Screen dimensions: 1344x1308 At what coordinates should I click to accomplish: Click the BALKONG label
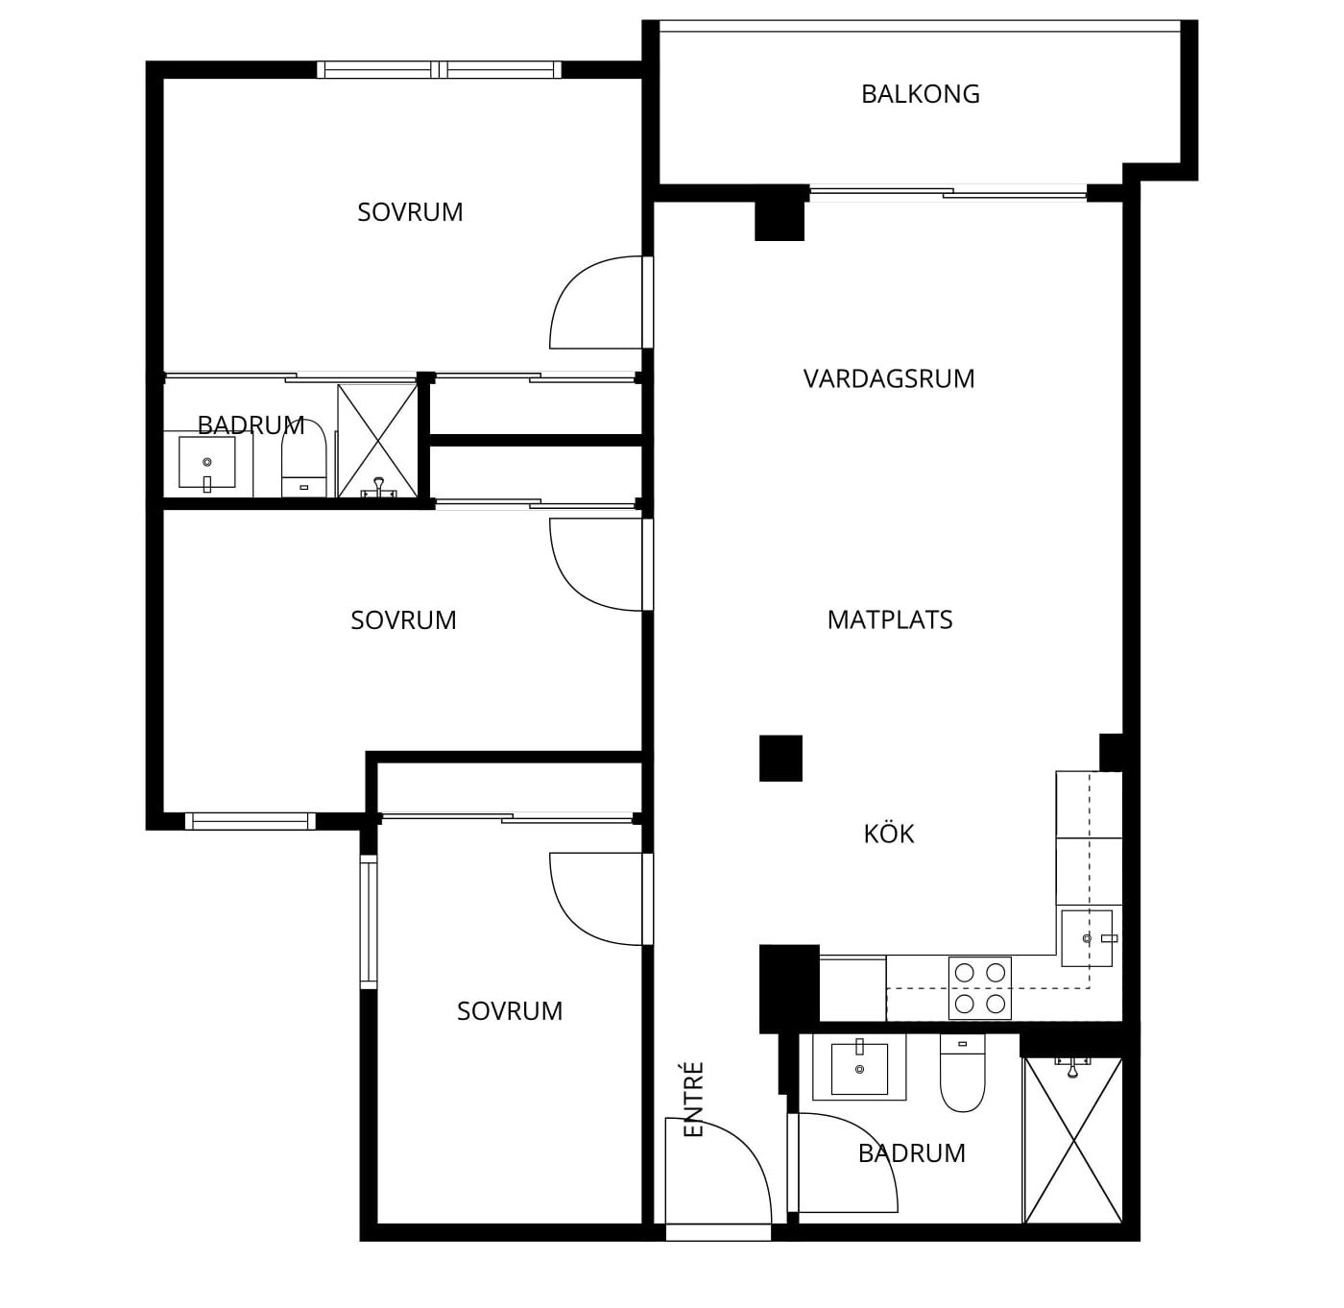click(x=920, y=94)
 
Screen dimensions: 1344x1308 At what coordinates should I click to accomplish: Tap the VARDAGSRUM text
click(x=889, y=378)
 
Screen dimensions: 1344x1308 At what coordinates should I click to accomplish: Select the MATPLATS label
click(x=890, y=619)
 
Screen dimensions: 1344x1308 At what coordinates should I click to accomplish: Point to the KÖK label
click(x=889, y=833)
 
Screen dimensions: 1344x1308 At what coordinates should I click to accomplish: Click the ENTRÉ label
click(x=693, y=1099)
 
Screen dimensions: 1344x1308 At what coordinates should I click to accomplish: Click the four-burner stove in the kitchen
click(x=979, y=987)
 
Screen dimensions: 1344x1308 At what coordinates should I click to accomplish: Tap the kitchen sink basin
click(x=1087, y=938)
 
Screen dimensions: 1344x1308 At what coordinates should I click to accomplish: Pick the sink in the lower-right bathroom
click(x=859, y=1068)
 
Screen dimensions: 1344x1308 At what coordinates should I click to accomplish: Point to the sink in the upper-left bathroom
click(x=206, y=463)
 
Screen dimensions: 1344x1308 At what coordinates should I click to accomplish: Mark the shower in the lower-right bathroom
click(x=1073, y=1139)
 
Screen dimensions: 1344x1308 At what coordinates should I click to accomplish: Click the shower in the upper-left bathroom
click(x=377, y=440)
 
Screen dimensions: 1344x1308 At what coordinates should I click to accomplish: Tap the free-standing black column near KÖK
click(x=780, y=758)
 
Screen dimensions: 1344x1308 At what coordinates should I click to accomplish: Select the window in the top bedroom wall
click(x=440, y=70)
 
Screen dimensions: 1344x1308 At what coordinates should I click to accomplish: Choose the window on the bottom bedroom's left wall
click(x=369, y=922)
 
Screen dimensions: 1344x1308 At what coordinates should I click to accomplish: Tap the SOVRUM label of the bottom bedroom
click(x=510, y=1011)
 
